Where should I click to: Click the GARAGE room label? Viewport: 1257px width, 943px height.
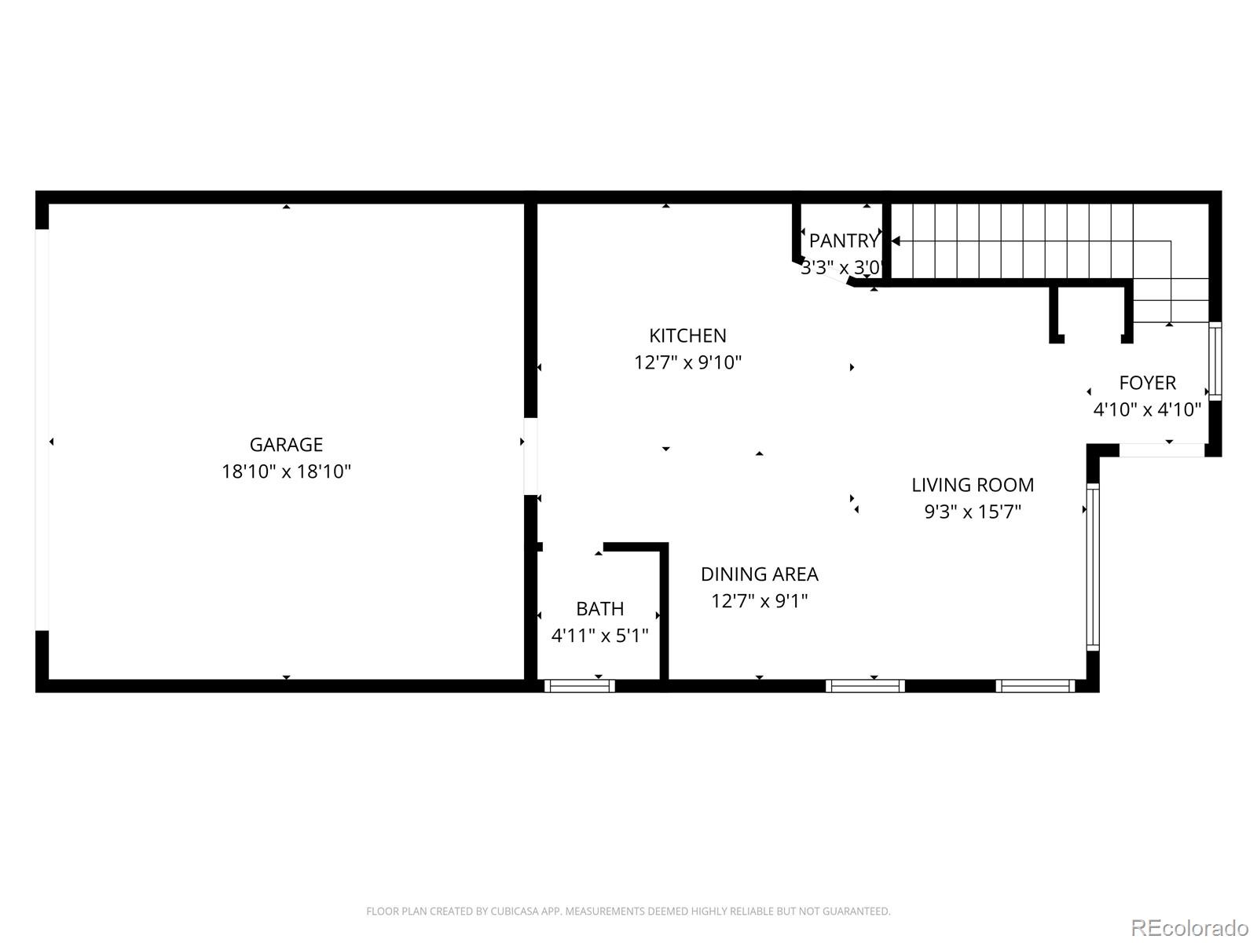pyautogui.click(x=286, y=445)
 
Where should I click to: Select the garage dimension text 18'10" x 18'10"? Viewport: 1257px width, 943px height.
pyautogui.click(x=286, y=472)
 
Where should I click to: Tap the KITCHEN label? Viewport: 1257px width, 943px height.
pyautogui.click(x=687, y=336)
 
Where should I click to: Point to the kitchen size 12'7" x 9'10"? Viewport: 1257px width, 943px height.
pyautogui.click(x=687, y=362)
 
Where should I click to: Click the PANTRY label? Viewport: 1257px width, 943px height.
pyautogui.click(x=844, y=240)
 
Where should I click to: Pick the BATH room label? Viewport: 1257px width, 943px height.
pyautogui.click(x=599, y=608)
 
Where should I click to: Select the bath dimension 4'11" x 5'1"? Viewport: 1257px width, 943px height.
pyautogui.click(x=599, y=635)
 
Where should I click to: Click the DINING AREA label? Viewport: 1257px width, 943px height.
pyautogui.click(x=759, y=574)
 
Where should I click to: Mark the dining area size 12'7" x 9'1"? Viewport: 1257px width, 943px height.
pyautogui.click(x=759, y=601)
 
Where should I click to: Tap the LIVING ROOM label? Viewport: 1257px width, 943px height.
pyautogui.click(x=972, y=485)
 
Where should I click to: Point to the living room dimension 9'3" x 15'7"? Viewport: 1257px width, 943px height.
pyautogui.click(x=972, y=512)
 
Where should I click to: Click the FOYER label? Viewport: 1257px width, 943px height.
pyautogui.click(x=1147, y=383)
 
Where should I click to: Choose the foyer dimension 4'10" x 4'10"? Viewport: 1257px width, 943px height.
pyautogui.click(x=1147, y=409)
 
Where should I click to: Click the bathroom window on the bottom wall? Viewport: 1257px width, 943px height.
pyautogui.click(x=580, y=686)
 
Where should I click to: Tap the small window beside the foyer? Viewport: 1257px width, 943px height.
pyautogui.click(x=1215, y=361)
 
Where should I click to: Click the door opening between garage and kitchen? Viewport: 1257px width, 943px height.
pyautogui.click(x=531, y=456)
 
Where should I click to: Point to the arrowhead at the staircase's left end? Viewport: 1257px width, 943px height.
pyautogui.click(x=896, y=241)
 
